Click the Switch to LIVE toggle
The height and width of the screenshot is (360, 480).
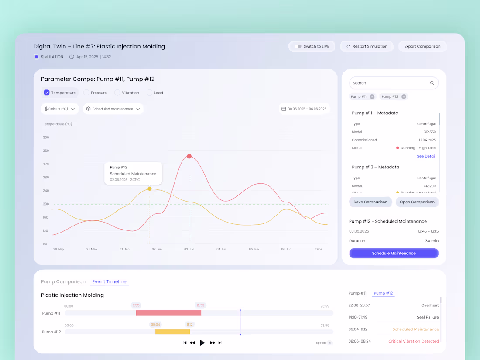pyautogui.click(x=298, y=46)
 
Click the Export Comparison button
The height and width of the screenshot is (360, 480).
pyautogui.click(x=422, y=46)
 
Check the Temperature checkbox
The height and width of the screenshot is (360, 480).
pyautogui.click(x=47, y=93)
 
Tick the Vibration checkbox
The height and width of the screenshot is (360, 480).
pyautogui.click(x=117, y=93)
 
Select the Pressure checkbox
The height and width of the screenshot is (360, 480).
pyautogui.click(x=86, y=93)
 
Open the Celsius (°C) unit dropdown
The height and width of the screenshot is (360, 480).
pyautogui.click(x=60, y=109)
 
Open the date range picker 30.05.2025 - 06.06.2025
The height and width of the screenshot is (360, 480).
pyautogui.click(x=305, y=109)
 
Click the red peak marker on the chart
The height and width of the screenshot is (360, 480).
pyautogui.click(x=189, y=156)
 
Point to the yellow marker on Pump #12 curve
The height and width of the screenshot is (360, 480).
pyautogui.click(x=150, y=189)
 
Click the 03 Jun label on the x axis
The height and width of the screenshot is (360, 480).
pyautogui.click(x=189, y=249)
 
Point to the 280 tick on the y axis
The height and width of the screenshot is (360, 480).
pyautogui.click(x=46, y=177)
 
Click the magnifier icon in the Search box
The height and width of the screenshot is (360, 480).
pyautogui.click(x=432, y=83)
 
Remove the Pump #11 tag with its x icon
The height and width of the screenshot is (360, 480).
pyautogui.click(x=372, y=96)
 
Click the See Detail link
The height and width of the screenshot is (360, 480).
pyautogui.click(x=426, y=156)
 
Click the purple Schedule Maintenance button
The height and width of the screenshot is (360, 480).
pyautogui.click(x=394, y=253)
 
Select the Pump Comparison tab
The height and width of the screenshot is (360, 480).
pyautogui.click(x=63, y=281)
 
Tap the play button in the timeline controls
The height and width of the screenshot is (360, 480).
pyautogui.click(x=202, y=343)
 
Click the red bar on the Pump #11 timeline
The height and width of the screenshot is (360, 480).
pyautogui.click(x=168, y=313)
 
